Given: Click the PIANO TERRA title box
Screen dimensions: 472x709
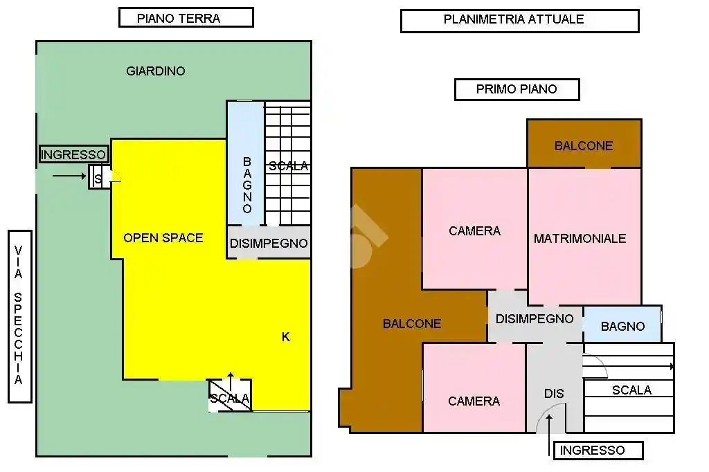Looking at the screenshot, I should click(x=186, y=18).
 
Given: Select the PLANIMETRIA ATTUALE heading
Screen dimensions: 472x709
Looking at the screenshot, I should click(x=519, y=20).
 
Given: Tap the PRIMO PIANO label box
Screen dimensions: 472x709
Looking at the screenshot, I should click(x=517, y=89).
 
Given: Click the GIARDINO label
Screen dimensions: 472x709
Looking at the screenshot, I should click(x=156, y=71).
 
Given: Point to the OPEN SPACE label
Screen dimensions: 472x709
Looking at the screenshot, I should click(x=163, y=238).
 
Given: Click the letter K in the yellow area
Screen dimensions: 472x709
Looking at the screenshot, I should click(x=286, y=337).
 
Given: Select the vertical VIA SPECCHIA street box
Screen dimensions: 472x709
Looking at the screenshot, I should click(x=19, y=316).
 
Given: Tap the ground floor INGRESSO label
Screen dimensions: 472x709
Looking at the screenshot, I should click(x=73, y=154).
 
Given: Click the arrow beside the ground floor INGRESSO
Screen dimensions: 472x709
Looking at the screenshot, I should click(x=69, y=176).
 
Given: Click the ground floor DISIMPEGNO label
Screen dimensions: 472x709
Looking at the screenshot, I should click(x=269, y=244).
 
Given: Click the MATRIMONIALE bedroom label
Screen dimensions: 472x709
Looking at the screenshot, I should click(x=580, y=239).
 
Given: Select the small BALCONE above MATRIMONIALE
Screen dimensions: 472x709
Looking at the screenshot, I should click(x=584, y=145).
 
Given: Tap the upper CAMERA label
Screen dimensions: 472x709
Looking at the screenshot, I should click(x=474, y=231).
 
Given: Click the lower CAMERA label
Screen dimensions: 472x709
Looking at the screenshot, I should click(x=474, y=401).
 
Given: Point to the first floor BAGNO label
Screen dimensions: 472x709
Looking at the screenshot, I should click(x=622, y=327).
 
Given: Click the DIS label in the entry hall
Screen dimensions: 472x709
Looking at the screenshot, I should click(x=554, y=394).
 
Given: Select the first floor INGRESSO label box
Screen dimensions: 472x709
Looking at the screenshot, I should click(x=592, y=451).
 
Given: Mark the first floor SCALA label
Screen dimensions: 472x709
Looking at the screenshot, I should click(x=631, y=390).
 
